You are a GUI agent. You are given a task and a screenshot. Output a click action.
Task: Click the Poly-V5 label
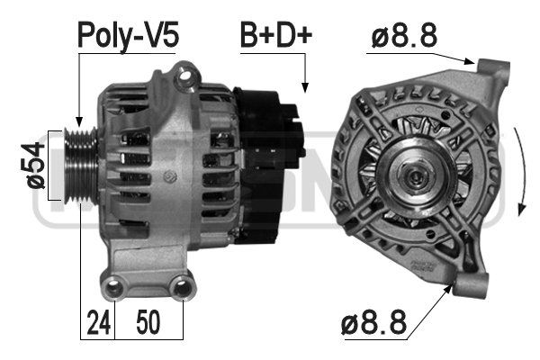click(x=128, y=36)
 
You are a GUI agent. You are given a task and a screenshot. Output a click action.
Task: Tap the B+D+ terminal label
click(x=276, y=35)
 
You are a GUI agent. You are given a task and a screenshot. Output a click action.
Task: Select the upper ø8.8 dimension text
click(x=404, y=35)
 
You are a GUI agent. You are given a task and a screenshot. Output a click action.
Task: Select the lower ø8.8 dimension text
click(x=373, y=322)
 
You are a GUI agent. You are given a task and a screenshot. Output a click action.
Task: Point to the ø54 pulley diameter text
click(x=36, y=166)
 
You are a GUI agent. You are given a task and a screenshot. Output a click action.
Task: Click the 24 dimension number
click(x=99, y=322)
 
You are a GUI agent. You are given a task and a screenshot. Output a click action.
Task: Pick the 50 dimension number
click(x=148, y=322)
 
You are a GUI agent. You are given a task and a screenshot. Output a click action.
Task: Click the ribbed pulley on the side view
click(x=81, y=165)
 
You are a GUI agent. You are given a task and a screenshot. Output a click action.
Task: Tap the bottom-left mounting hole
click(x=113, y=287)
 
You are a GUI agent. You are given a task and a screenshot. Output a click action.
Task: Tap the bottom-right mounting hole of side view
click(x=182, y=287)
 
